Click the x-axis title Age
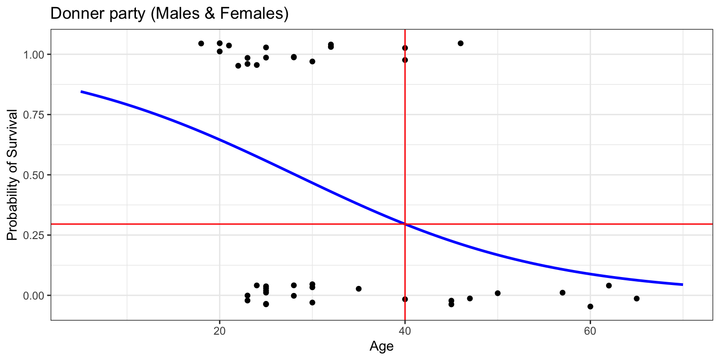[x=381, y=346]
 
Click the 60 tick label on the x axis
[x=590, y=331]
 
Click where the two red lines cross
[x=405, y=224]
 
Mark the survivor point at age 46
[x=460, y=43]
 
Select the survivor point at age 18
[x=201, y=44]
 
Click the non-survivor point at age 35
[x=359, y=289]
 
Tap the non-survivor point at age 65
[x=637, y=299]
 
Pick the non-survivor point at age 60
[x=590, y=307]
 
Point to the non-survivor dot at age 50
[x=497, y=293]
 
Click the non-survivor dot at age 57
[x=562, y=292]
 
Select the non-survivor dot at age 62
[x=609, y=285]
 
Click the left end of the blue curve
[x=81, y=91]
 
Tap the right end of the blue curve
[x=682, y=285]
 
